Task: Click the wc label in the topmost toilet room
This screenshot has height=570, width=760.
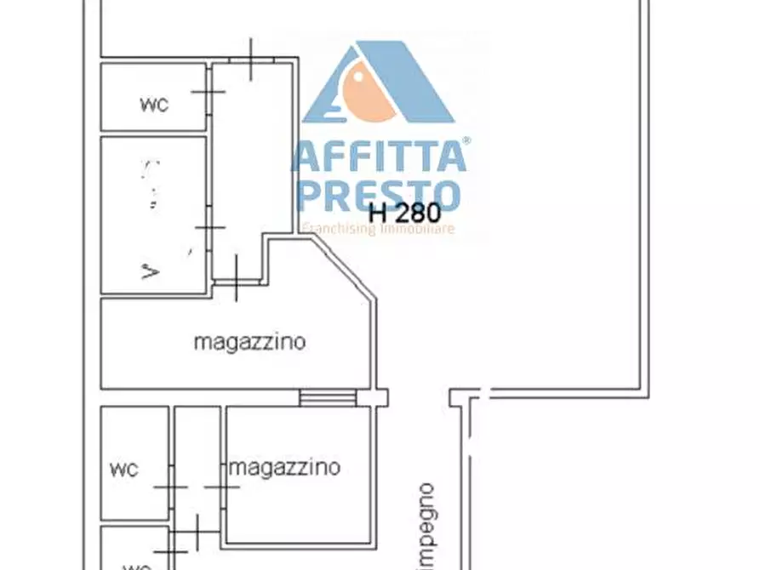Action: [154, 105]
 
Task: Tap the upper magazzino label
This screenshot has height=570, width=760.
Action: [249, 343]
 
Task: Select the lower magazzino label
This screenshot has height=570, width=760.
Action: [285, 467]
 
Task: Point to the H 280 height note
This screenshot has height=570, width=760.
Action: [404, 211]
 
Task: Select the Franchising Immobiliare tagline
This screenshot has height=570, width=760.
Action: [378, 228]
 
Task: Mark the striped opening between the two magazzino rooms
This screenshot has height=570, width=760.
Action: [328, 397]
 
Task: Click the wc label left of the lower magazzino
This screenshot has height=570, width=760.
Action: [124, 469]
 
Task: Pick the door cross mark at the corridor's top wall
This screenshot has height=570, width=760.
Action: [250, 60]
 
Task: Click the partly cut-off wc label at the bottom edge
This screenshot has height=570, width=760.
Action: [136, 566]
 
